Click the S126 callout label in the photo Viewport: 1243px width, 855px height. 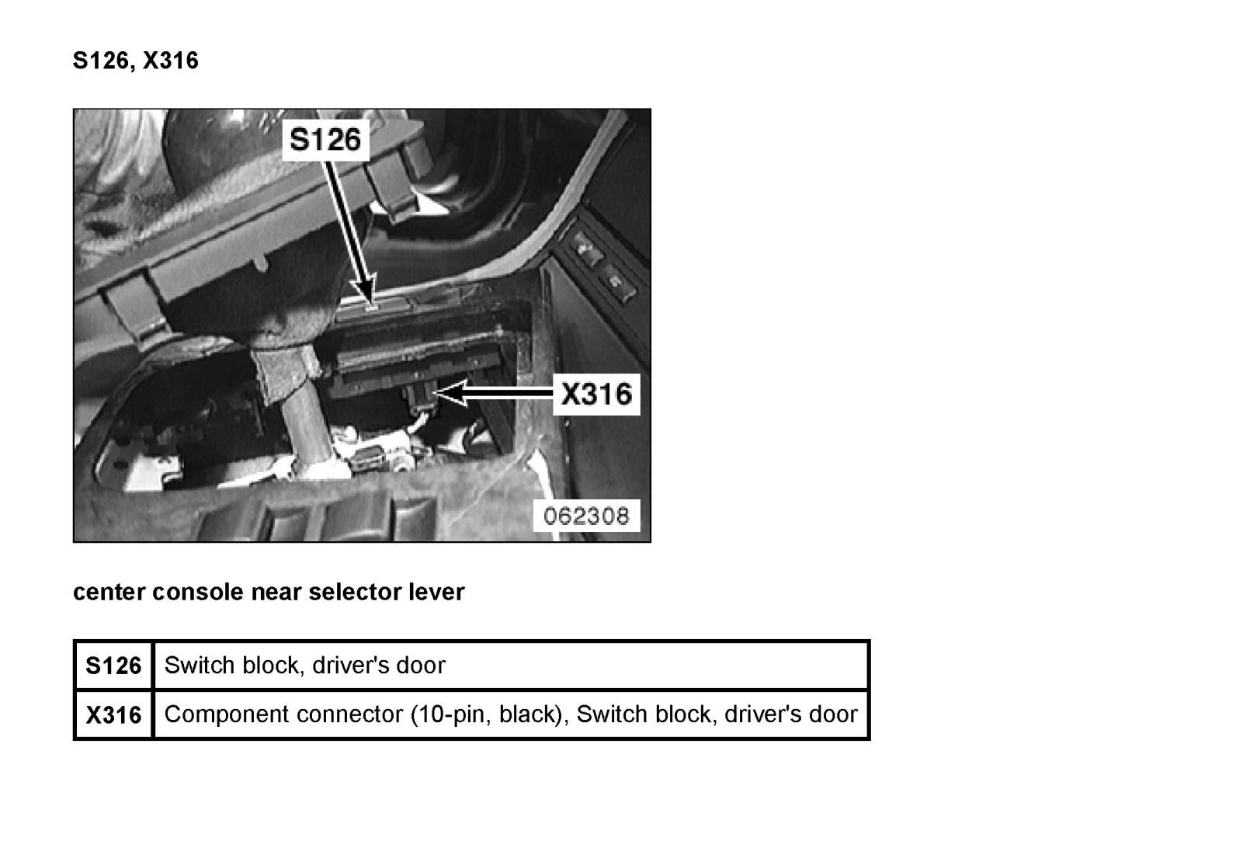[325, 139]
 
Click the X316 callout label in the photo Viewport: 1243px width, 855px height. [596, 394]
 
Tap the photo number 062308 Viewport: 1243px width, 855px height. [586, 516]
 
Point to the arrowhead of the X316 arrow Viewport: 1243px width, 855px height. [450, 393]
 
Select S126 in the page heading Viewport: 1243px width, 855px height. [101, 61]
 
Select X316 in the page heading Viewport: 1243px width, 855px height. [171, 61]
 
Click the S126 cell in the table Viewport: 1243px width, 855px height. [114, 665]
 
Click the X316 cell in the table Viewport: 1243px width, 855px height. [114, 714]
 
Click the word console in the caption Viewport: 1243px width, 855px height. [197, 592]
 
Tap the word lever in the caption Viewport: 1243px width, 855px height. [436, 592]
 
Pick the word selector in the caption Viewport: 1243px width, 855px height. [355, 592]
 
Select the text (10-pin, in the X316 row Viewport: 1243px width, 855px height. [451, 715]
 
